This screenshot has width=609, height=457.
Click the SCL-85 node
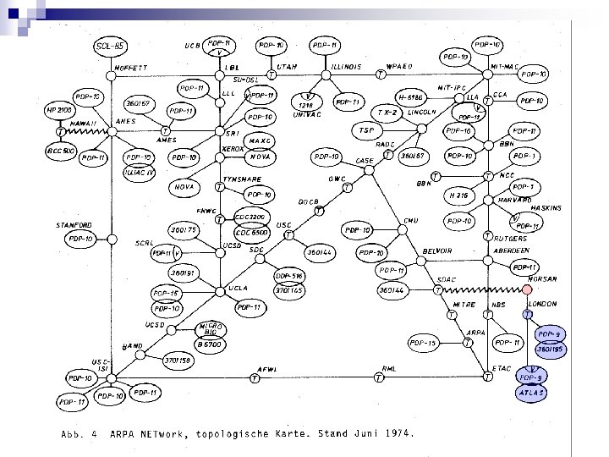111,45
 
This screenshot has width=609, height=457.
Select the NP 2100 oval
61,111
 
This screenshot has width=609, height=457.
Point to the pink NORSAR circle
526,289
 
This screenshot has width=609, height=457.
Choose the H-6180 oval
414,97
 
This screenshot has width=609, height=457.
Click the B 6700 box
210,344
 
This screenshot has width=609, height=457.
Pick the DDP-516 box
290,277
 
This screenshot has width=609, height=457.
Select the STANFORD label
74,225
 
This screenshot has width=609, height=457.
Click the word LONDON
542,304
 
